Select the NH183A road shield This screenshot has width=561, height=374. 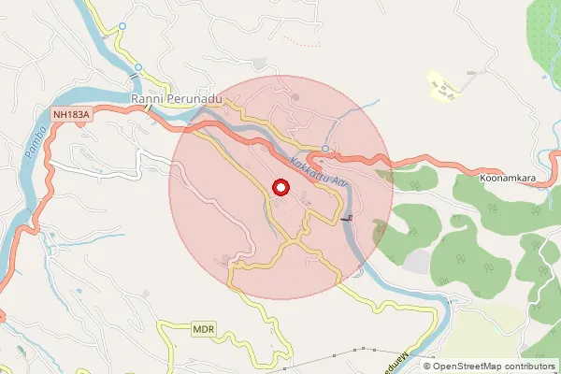[x=71, y=115]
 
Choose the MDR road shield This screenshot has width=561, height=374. [x=204, y=329]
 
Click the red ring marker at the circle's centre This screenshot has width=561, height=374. [x=280, y=187]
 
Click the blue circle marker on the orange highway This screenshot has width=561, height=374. [x=324, y=149]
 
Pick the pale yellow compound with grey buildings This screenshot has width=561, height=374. [x=444, y=87]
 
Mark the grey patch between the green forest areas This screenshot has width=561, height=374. [x=417, y=261]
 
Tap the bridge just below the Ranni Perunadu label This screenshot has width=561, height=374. [x=150, y=108]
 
